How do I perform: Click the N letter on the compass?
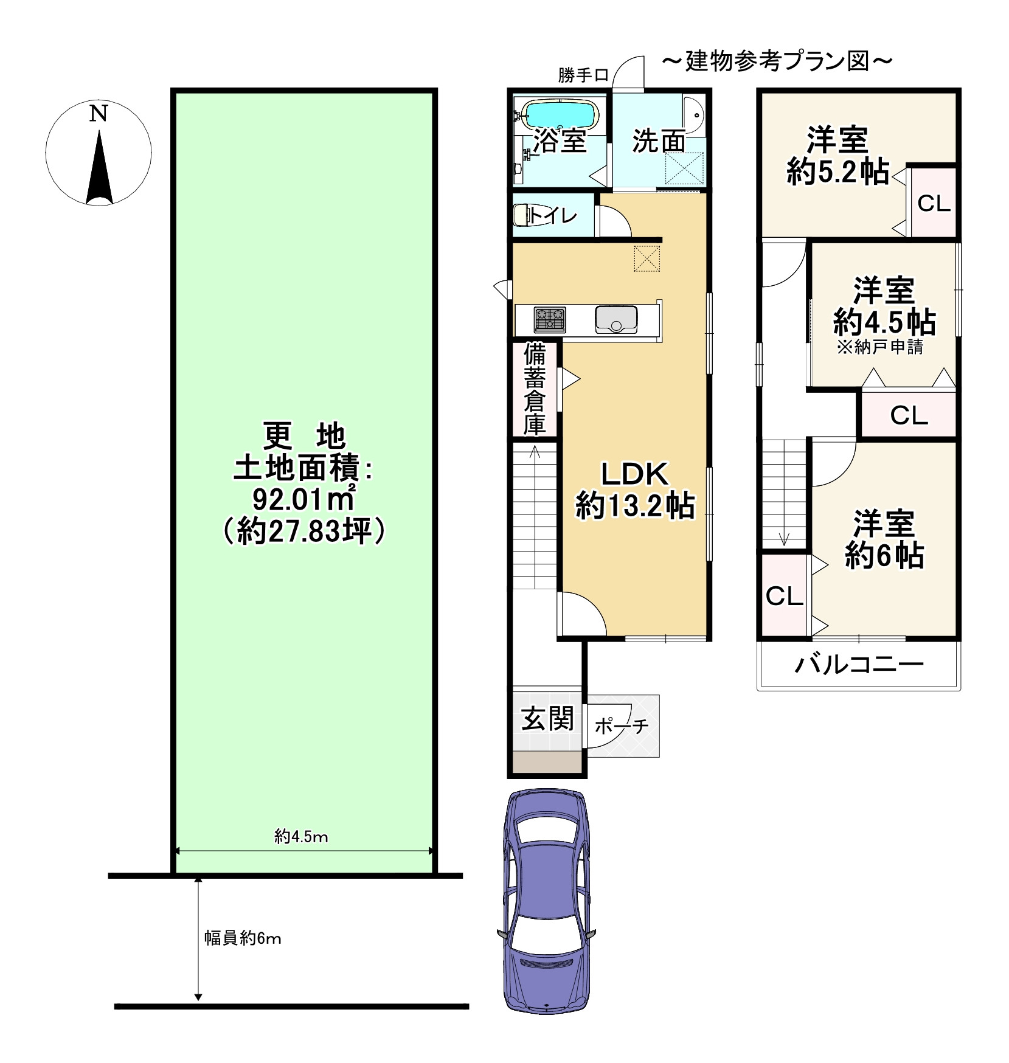pos(99,113)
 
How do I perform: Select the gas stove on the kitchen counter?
pos(550,319)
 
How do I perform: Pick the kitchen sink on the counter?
pos(616,319)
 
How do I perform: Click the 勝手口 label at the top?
pos(583,75)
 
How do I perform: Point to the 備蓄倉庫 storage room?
pos(535,390)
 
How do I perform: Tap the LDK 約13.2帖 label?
pos(635,490)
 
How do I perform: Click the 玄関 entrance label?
pos(547,719)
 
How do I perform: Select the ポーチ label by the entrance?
pos(622,725)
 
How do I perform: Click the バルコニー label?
pos(859,664)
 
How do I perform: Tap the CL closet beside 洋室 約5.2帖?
pos(933,203)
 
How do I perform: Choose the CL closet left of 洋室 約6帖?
pos(785,596)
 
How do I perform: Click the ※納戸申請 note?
pos(880,347)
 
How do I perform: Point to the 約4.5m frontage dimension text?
pos(301,837)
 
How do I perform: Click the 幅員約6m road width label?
pos(243,938)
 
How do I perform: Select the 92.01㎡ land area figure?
pos(303,500)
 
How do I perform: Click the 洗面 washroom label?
pos(659,141)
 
